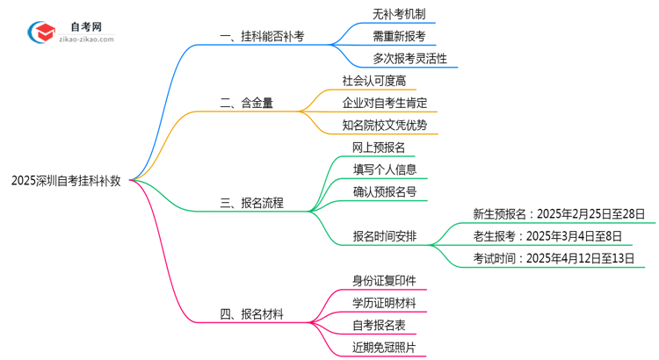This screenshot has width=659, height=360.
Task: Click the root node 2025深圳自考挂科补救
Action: click(66, 180)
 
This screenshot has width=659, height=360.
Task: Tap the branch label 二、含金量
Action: click(247, 103)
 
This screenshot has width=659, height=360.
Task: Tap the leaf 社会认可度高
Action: click(380, 81)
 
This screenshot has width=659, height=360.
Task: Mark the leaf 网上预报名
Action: click(379, 148)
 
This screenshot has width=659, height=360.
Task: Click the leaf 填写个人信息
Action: click(385, 169)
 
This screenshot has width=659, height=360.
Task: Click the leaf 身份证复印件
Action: click(384, 280)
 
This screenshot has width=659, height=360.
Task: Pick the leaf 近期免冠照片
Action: click(384, 347)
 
